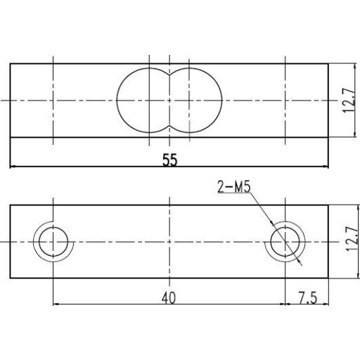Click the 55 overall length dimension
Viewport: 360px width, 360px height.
169,160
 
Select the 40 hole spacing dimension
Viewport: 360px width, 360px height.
168,297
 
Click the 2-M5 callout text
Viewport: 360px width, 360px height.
235,186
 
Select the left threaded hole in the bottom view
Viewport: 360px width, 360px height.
53,242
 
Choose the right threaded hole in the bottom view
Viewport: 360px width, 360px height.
284,242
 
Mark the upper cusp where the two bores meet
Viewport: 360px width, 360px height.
169,74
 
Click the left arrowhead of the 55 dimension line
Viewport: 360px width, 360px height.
13,167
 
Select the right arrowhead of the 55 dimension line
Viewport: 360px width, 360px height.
326,167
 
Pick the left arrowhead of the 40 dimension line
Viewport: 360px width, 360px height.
56,304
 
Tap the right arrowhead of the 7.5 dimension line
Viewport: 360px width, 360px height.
326,304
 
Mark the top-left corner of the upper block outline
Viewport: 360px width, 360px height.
11,64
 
